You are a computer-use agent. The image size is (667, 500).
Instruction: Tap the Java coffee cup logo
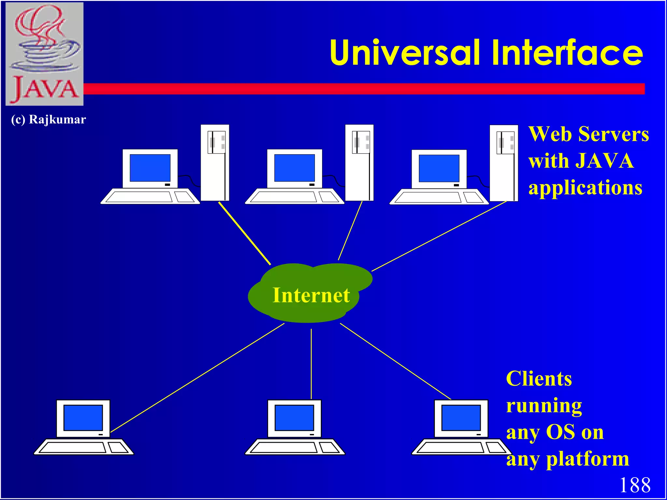coord(45,54)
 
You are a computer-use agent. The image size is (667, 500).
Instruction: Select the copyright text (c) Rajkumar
coord(48,119)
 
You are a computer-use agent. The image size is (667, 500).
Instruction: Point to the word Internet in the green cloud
coord(311,295)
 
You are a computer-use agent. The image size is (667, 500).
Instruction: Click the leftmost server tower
coord(215,163)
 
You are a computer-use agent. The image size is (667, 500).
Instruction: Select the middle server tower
coord(359,163)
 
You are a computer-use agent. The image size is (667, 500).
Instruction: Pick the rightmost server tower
coord(504,163)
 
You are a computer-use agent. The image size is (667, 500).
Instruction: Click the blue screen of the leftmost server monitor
coord(150,168)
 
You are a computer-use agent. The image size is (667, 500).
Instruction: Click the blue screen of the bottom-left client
coord(83,418)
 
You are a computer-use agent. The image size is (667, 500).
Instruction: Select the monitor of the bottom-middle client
coord(294,418)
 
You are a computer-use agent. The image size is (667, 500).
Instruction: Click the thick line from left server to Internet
coord(244,233)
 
